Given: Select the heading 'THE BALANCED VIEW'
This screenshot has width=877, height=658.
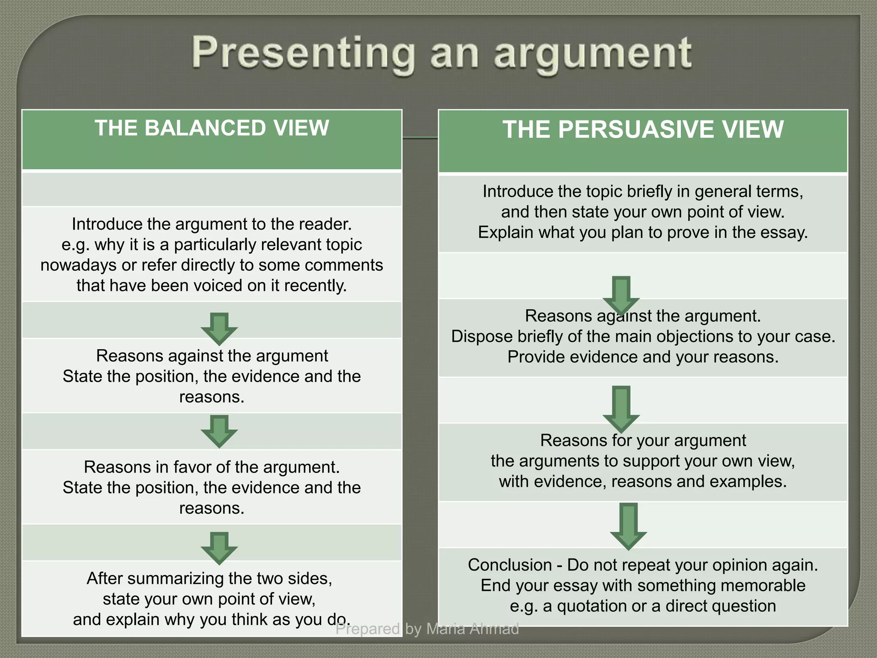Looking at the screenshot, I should pyautogui.click(x=212, y=128).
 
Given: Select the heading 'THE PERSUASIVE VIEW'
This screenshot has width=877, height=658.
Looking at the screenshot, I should pyautogui.click(x=643, y=129).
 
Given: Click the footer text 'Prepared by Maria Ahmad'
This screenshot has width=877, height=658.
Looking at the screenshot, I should pyautogui.click(x=427, y=629).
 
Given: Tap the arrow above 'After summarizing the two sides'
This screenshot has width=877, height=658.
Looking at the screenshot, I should pyautogui.click(x=219, y=548).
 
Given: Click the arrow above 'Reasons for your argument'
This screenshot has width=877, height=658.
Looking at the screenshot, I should pyautogui.click(x=621, y=408).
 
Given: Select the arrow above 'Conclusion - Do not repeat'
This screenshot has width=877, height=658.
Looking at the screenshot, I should pyautogui.click(x=628, y=526).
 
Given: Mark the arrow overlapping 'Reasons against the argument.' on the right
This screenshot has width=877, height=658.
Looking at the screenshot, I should pyautogui.click(x=621, y=295).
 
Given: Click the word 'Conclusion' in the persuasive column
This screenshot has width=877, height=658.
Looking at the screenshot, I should pyautogui.click(x=510, y=565).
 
